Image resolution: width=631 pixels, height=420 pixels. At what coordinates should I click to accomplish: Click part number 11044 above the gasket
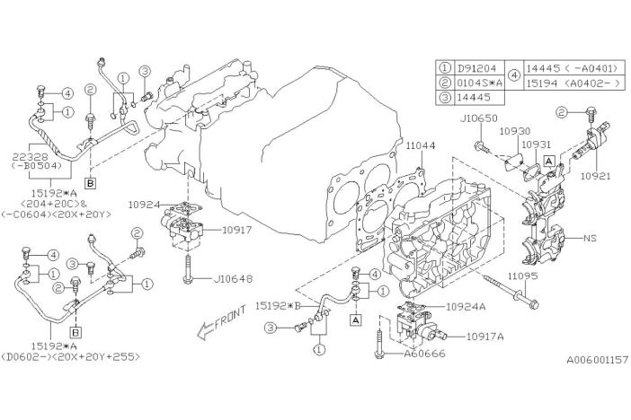click(x=421, y=145)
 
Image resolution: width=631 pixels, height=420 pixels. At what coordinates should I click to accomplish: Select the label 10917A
click(x=484, y=337)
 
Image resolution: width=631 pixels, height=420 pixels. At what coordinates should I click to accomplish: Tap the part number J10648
click(x=234, y=278)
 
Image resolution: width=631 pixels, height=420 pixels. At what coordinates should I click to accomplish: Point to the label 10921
click(x=595, y=176)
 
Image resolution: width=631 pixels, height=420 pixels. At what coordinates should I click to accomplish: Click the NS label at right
click(x=591, y=238)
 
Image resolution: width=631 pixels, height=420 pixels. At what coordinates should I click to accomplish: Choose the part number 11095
click(x=522, y=276)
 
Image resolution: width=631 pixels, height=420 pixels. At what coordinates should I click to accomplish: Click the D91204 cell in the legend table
click(x=477, y=68)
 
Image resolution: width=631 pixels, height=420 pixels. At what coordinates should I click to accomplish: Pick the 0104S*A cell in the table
click(x=480, y=83)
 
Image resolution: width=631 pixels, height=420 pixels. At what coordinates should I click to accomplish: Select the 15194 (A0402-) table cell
click(x=573, y=83)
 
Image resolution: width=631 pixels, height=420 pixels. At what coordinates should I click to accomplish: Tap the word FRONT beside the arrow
click(x=230, y=318)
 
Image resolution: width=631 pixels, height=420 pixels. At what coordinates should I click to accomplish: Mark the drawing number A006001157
click(x=598, y=360)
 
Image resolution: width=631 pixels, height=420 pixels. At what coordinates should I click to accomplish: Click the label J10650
click(x=478, y=118)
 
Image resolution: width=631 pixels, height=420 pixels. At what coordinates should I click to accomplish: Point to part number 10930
click(x=515, y=131)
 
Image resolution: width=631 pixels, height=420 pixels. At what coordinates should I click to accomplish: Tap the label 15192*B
click(x=278, y=306)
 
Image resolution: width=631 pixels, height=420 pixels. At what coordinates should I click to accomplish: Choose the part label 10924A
click(x=466, y=307)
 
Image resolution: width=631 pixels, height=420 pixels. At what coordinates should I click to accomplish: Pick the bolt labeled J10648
click(x=189, y=268)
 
